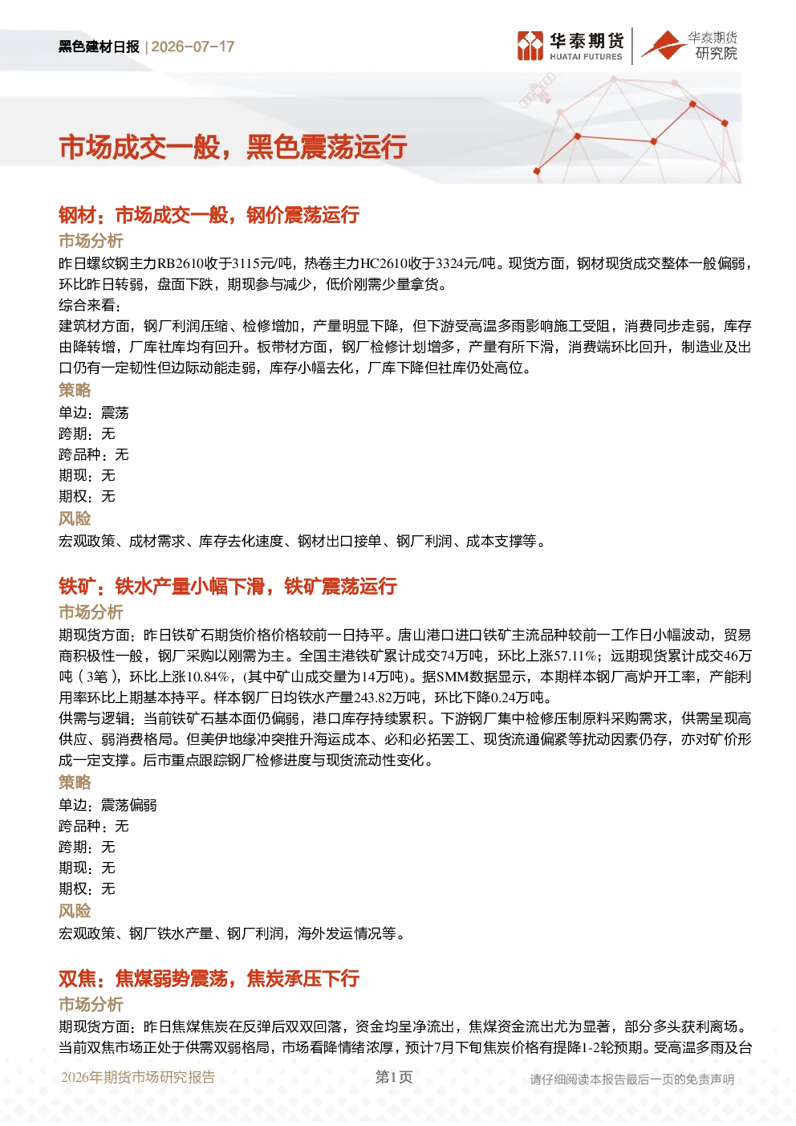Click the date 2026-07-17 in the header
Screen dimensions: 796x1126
193,47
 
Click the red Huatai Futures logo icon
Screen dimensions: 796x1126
530,46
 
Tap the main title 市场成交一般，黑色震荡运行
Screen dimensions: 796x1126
234,148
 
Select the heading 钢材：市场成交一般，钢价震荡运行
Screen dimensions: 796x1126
209,215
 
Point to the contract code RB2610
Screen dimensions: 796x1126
181,263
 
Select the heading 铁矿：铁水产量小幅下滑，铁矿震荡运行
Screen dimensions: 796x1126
228,587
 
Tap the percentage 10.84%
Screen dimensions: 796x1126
208,677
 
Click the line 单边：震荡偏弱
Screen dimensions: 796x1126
108,805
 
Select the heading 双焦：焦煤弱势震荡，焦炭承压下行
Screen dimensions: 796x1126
209,978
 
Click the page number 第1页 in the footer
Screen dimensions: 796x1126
394,1077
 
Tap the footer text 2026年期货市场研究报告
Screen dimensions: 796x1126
138,1077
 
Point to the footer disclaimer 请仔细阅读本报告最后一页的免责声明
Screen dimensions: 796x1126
632,1079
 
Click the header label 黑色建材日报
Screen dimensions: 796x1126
99,47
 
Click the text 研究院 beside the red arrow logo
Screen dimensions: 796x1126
716,53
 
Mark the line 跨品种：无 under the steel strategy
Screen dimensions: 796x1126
94,455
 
